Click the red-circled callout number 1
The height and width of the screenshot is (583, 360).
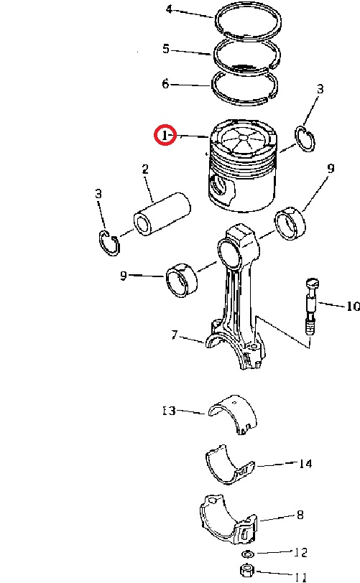[165, 135]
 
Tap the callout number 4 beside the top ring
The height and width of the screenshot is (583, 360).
[169, 9]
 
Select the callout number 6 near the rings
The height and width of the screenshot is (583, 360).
[165, 84]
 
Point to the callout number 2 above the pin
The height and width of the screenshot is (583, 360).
[145, 169]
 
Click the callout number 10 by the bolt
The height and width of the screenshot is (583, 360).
[353, 306]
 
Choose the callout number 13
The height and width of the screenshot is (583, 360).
[169, 411]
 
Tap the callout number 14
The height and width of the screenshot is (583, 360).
[305, 464]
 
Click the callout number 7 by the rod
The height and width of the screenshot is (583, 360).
[175, 335]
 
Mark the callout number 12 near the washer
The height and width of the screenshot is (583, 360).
[301, 553]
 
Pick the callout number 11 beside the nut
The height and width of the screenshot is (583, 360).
[301, 577]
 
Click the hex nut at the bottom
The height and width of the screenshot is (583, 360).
[247, 569]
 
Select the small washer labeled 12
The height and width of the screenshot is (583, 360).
[248, 554]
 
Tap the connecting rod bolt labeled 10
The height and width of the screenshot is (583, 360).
[311, 307]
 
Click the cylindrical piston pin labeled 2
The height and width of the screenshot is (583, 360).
[162, 214]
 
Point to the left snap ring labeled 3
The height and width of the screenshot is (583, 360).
[110, 243]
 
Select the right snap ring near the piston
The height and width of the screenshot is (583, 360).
[305, 139]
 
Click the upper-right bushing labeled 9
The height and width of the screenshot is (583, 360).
[291, 223]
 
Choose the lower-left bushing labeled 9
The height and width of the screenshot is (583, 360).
[181, 280]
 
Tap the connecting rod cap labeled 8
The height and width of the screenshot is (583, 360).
[229, 519]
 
